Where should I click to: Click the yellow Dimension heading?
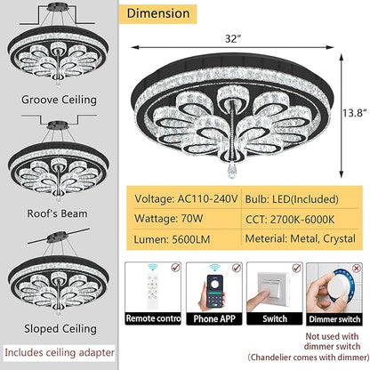(158, 13)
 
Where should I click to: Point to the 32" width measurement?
(232, 38)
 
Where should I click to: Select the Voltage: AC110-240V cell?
(186, 198)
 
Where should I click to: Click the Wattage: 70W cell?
(169, 219)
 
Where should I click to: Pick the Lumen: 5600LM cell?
(172, 239)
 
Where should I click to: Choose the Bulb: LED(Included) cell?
(292, 199)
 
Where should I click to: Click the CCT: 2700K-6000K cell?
(290, 220)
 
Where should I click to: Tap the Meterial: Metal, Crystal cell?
(301, 238)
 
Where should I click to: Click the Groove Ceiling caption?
(59, 100)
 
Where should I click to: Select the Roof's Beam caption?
(57, 213)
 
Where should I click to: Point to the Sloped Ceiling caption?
(60, 328)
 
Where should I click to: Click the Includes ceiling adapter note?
(60, 352)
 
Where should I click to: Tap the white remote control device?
(153, 290)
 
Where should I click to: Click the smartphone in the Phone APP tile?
(215, 291)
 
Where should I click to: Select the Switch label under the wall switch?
(275, 318)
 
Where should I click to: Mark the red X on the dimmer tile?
(357, 269)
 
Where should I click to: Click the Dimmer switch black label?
(334, 319)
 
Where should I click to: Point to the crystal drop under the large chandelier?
(231, 172)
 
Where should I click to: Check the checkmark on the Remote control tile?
(176, 268)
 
